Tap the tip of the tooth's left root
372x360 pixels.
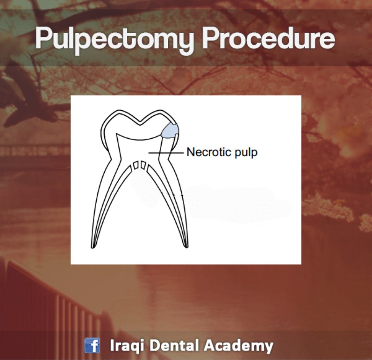pos(93,247)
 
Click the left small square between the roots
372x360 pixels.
pos(136,165)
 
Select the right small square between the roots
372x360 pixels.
pos(143,165)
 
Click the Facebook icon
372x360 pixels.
pos(92,345)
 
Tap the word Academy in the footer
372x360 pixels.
pos(238,345)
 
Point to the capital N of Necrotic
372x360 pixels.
pos(190,152)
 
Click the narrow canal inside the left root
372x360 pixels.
pos(109,203)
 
